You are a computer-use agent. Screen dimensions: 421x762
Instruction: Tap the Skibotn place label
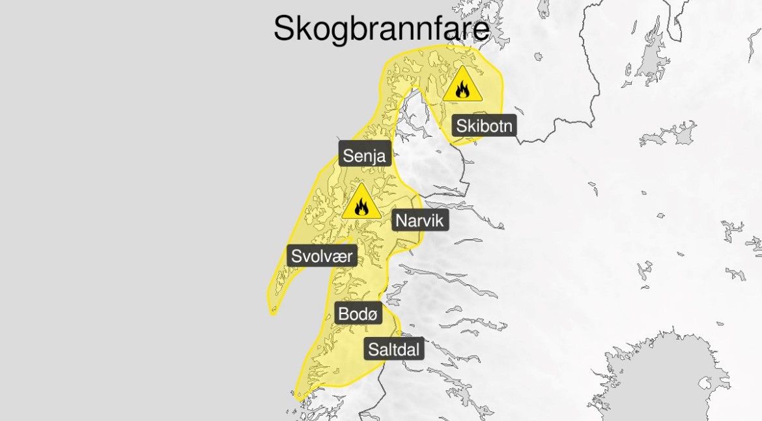[x=485, y=125]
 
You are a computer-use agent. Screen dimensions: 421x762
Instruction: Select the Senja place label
[x=365, y=156]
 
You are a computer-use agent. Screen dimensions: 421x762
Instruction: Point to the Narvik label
[x=419, y=221]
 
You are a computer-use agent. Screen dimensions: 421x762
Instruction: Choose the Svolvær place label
[x=322, y=255]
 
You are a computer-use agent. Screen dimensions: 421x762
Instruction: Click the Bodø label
[x=358, y=314]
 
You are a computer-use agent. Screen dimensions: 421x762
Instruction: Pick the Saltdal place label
[x=394, y=349]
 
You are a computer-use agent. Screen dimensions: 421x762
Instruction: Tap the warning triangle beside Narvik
[x=361, y=203]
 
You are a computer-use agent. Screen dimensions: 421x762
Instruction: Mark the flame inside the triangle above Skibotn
[x=462, y=89]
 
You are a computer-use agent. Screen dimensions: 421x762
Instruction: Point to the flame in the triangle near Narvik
[x=361, y=207]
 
